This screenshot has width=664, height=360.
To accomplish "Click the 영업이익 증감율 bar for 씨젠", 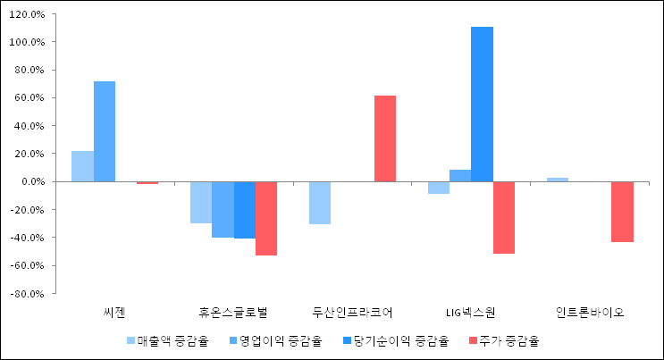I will point(105,131).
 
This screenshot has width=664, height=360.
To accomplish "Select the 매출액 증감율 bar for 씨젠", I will point(82,166).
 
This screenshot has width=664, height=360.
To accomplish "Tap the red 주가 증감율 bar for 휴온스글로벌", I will point(266,218).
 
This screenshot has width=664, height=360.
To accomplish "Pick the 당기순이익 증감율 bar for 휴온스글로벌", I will point(244,210).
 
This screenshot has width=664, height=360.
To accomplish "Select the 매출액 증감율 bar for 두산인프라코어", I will point(320,203).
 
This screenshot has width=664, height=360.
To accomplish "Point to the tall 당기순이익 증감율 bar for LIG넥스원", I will point(482,105).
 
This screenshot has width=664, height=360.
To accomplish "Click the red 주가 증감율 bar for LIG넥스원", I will point(504,217).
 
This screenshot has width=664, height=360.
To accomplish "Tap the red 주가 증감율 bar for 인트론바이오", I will point(623,212).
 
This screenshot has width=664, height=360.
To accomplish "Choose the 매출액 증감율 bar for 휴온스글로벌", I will point(201,202).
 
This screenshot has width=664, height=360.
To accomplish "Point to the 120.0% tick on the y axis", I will point(27,14).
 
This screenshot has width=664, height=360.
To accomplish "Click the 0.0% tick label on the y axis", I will point(30,181).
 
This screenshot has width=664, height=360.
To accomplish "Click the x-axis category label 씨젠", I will point(115,313).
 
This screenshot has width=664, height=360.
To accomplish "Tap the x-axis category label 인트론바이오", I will point(590,313).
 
